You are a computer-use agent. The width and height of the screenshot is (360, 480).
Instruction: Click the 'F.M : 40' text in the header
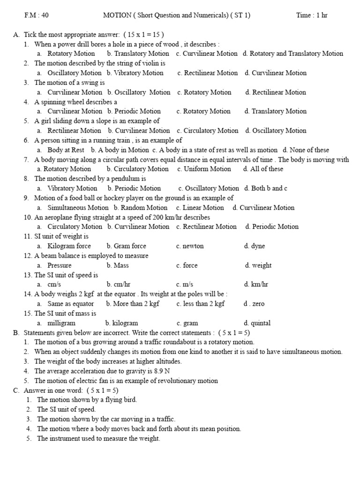tap(37, 15)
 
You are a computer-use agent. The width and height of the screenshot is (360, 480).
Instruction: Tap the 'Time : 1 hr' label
tap(312, 15)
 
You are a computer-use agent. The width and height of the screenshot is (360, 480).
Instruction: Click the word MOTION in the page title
tap(117, 15)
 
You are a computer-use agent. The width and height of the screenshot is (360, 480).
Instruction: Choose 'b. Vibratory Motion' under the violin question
tap(135, 73)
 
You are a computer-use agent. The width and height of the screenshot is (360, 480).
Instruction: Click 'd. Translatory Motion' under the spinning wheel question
tap(276, 111)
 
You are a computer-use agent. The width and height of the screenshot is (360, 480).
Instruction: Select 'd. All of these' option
tap(263, 169)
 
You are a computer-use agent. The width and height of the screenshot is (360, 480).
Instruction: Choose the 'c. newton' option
tap(190, 246)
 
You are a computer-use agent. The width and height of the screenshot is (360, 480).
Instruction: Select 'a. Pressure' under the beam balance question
tap(54, 265)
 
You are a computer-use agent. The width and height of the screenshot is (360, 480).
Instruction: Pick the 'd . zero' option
tap(254, 303)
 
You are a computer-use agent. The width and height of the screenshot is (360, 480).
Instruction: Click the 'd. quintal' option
tap(257, 323)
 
